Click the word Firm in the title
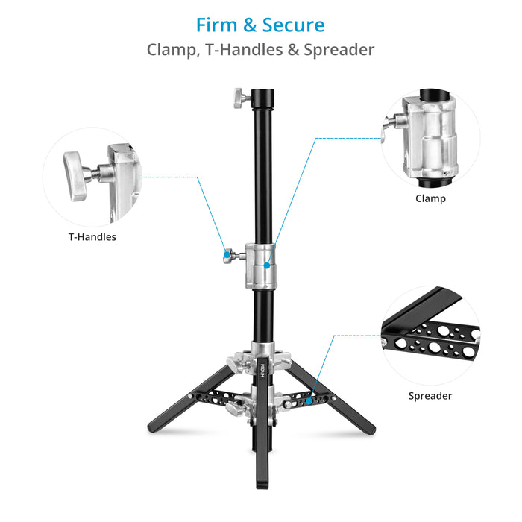click(x=218, y=25)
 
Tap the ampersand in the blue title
click(x=252, y=25)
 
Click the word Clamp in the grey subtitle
click(x=174, y=50)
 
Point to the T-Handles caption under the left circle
click(x=92, y=237)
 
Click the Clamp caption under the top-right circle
click(x=430, y=199)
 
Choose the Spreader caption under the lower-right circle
click(x=430, y=396)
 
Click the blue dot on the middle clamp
click(x=267, y=265)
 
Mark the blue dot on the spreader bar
click(x=309, y=401)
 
